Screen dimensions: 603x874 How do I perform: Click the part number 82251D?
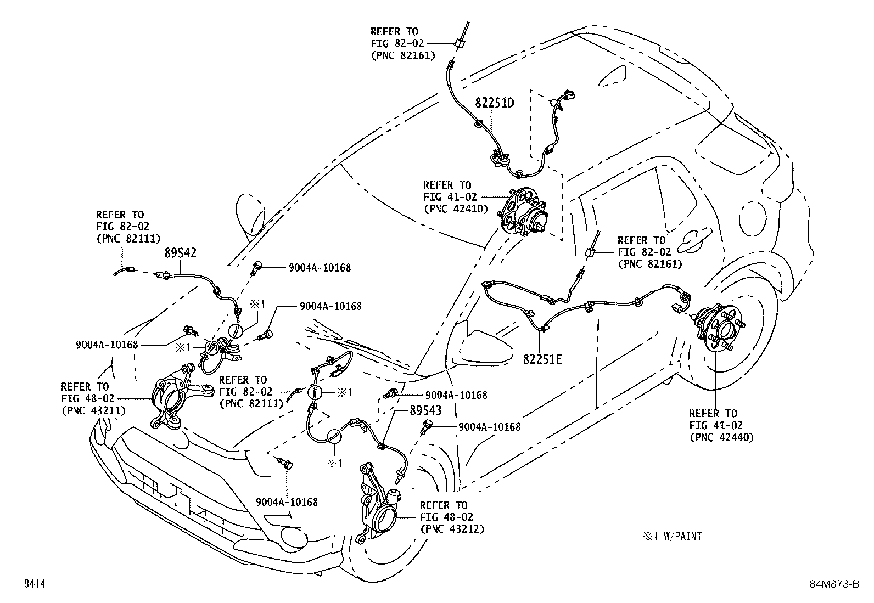click(494, 103)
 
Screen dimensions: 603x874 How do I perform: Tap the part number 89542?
click(181, 253)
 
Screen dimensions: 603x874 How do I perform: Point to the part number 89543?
click(425, 410)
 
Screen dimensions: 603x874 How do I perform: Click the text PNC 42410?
click(455, 208)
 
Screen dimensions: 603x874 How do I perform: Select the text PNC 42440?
click(721, 437)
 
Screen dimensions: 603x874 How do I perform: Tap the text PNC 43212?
click(451, 529)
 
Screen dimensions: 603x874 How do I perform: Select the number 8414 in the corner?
click(34, 585)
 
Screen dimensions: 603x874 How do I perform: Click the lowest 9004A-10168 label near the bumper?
click(287, 502)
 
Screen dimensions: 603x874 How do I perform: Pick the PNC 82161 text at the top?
click(404, 55)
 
